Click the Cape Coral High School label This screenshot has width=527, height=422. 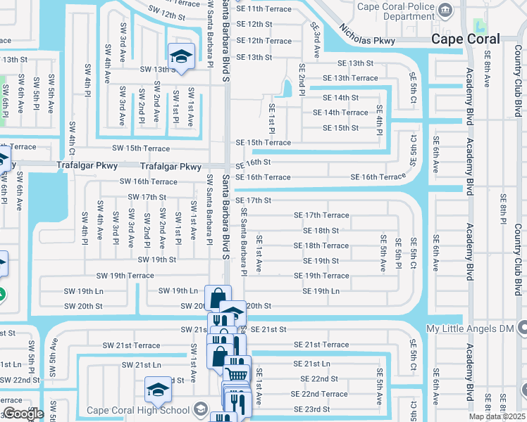tap(138, 410)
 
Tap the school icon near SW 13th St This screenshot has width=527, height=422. tap(180, 57)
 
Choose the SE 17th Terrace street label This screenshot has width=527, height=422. tap(321, 215)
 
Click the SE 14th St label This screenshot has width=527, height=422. tap(340, 98)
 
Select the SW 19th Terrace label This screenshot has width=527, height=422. tap(125, 276)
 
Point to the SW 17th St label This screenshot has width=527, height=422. tap(142, 197)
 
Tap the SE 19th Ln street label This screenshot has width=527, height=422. tap(316, 291)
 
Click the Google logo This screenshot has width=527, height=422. tap(23, 414)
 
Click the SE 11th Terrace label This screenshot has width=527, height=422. tap(263, 8)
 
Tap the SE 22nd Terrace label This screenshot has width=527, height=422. tap(319, 394)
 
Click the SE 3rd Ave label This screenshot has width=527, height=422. tap(315, 40)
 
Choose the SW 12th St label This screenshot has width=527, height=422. tap(166, 13)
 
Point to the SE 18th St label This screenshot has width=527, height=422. tap(321, 230)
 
